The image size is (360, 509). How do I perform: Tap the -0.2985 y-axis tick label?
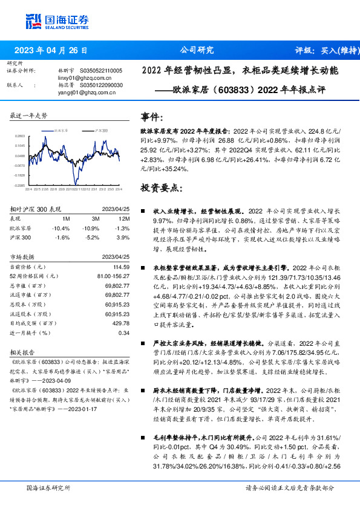click(19, 185)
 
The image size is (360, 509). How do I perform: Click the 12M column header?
click(125, 219)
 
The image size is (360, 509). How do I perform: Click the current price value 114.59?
click(122, 267)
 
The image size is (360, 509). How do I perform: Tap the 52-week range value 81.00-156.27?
click(114, 276)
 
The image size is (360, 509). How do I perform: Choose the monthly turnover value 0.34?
click(123, 332)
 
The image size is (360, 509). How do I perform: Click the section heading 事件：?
click(151, 117)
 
